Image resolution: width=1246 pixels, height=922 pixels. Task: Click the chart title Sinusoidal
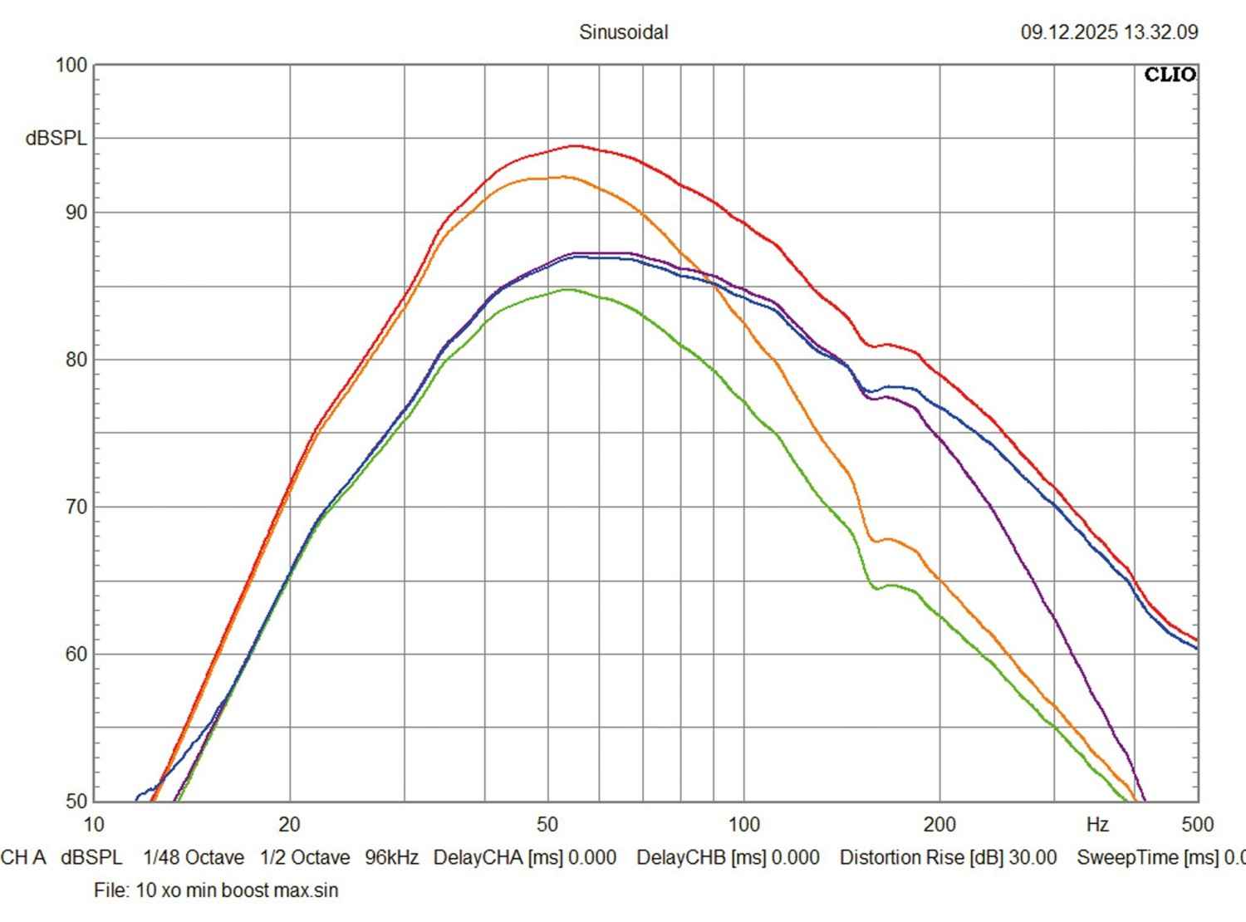[x=623, y=32]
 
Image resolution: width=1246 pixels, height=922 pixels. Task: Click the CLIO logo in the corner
[x=1170, y=75]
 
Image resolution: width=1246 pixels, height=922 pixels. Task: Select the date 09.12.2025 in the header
[x=1069, y=32]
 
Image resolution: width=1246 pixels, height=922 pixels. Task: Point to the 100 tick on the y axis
[x=71, y=65]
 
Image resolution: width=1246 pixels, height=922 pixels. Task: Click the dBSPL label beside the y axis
[x=56, y=139]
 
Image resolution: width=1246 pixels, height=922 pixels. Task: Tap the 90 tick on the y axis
[x=76, y=212]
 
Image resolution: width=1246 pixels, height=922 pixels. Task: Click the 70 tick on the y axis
[x=76, y=507]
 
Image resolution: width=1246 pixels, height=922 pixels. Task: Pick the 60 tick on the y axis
[x=76, y=654]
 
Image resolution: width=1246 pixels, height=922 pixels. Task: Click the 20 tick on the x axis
[x=289, y=824]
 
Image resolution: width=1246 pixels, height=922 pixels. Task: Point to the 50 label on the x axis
[x=547, y=824]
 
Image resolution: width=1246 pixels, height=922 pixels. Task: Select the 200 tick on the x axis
[x=939, y=824]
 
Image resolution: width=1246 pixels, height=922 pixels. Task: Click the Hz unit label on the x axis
[x=1097, y=824]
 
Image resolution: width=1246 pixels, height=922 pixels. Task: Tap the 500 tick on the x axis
[x=1197, y=824]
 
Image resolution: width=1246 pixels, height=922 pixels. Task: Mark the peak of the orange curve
[x=563, y=177]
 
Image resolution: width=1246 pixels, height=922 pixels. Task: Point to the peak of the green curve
[x=568, y=290]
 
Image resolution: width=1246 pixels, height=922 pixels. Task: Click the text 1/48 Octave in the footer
[x=194, y=857]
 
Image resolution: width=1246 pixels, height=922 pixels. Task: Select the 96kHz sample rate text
[x=391, y=857]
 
